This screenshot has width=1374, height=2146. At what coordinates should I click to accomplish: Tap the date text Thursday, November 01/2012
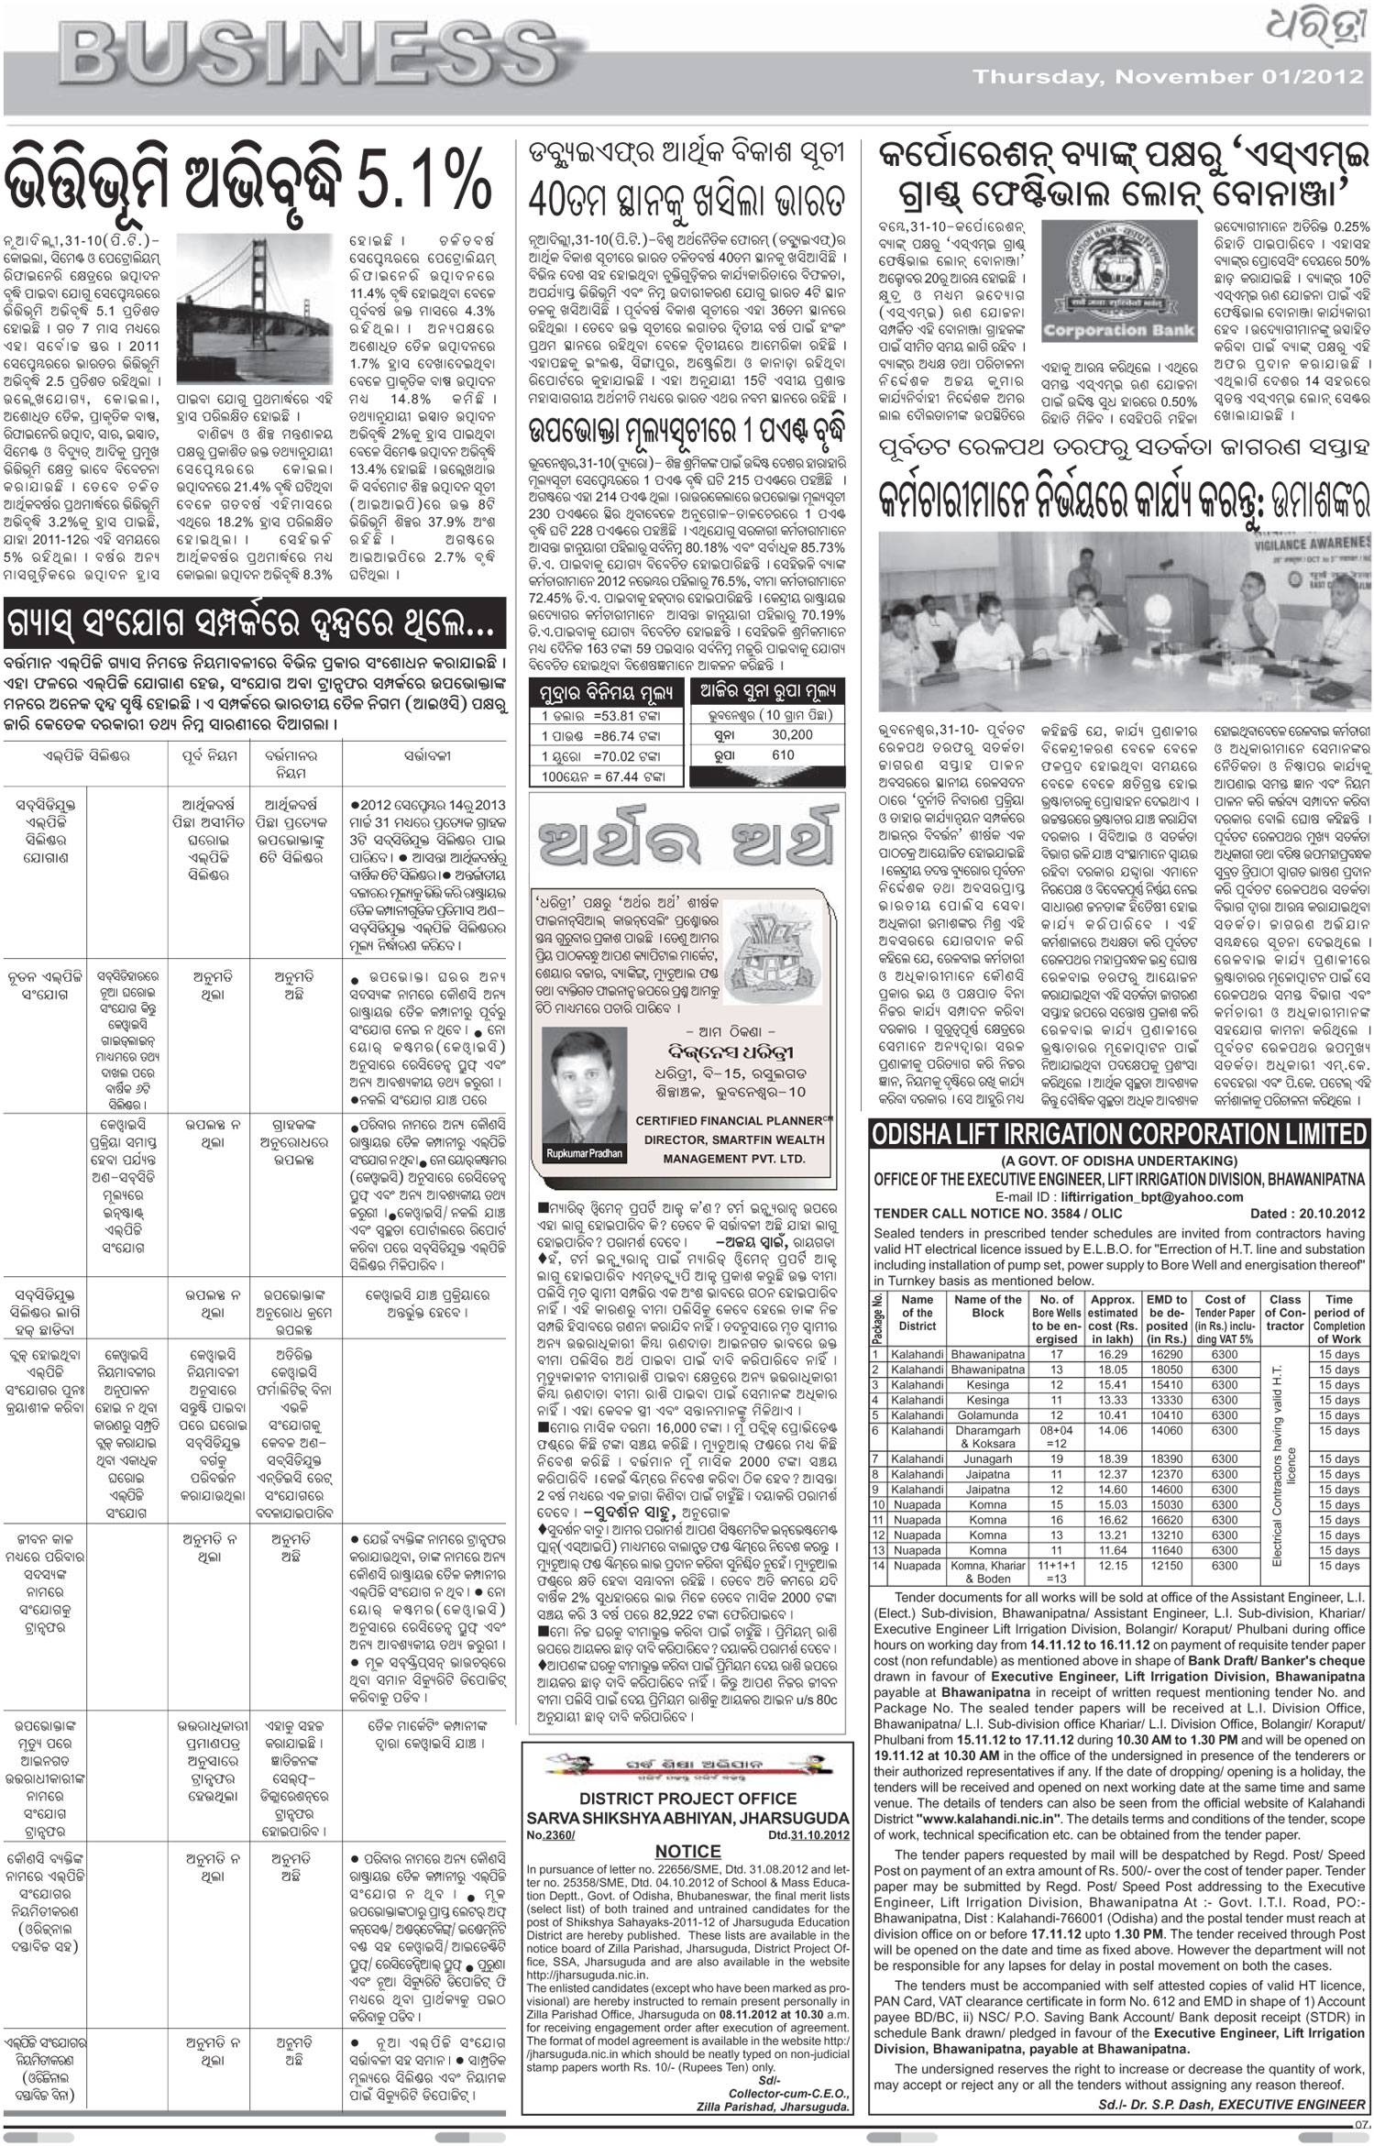1169,77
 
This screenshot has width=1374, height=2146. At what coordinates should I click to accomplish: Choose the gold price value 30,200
792,735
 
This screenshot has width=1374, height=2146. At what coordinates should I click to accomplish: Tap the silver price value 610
783,754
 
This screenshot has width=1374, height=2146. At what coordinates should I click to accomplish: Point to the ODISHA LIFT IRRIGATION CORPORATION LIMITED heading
1118,1134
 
